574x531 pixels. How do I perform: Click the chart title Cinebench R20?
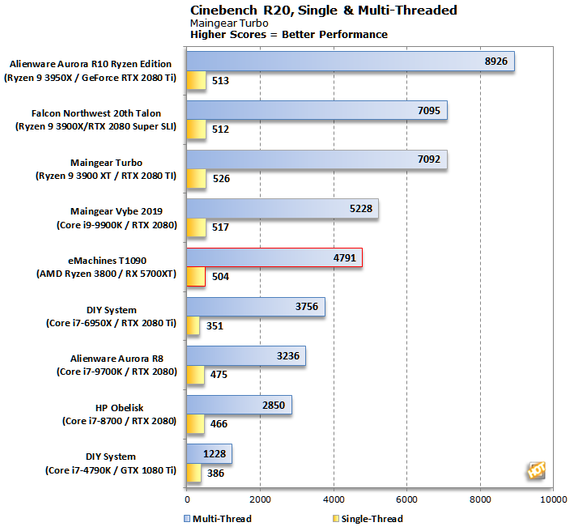(x=323, y=11)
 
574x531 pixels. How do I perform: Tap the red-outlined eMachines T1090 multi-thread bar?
(x=274, y=258)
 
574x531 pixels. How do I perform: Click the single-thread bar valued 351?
(x=193, y=326)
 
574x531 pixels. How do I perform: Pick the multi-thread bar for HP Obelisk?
(x=239, y=405)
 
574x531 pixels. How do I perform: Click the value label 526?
(x=219, y=179)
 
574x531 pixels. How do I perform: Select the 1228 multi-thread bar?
(x=209, y=454)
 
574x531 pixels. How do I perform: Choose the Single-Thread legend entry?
(x=368, y=519)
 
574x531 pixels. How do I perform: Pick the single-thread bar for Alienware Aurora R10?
(x=195, y=81)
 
